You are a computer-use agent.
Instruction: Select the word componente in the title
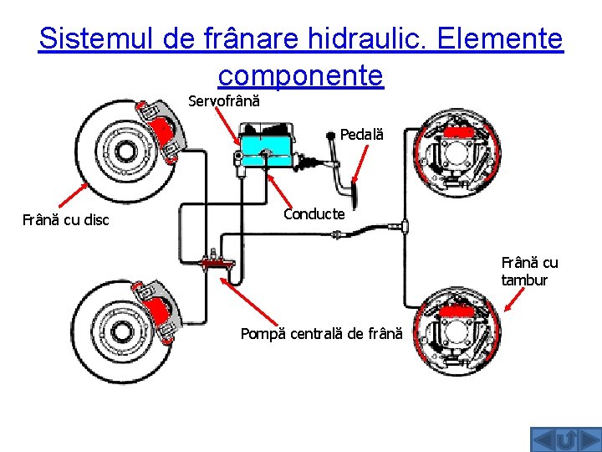click(x=300, y=75)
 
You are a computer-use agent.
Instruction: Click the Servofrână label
click(x=224, y=101)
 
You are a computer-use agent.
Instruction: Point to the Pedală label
click(x=361, y=134)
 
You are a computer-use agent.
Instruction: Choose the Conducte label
click(x=314, y=214)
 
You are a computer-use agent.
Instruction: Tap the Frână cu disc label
click(x=66, y=221)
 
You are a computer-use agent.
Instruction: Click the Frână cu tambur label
click(x=529, y=271)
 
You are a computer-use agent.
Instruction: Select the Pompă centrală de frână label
click(x=321, y=334)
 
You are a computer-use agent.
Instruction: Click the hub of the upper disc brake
click(x=125, y=152)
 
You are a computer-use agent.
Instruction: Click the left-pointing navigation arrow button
click(x=544, y=439)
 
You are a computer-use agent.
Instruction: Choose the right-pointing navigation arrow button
click(x=588, y=439)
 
